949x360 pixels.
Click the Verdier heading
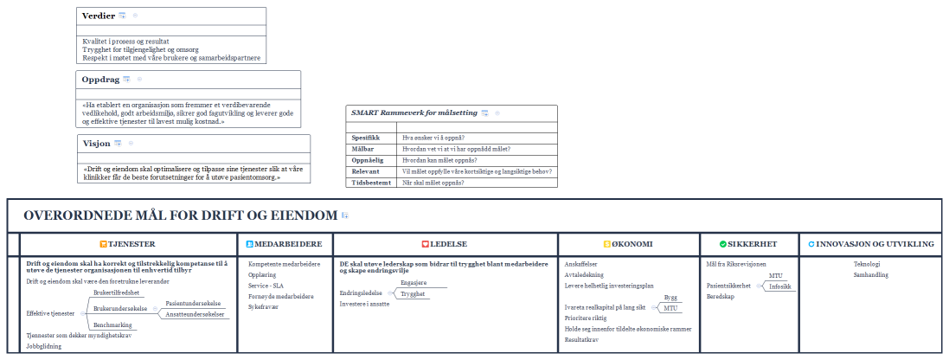pyautogui.click(x=98, y=16)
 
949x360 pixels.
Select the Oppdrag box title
pyautogui.click(x=99, y=79)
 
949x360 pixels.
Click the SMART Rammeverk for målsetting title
pyautogui.click(x=414, y=112)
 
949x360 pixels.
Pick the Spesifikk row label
pyautogui.click(x=365, y=138)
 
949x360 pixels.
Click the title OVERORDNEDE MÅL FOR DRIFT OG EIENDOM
pyautogui.click(x=180, y=215)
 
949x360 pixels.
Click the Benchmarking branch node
pyautogui.click(x=112, y=325)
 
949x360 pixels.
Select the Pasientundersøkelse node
pyautogui.click(x=196, y=304)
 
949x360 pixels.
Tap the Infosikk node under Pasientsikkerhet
pyautogui.click(x=780, y=286)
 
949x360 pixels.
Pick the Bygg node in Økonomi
pyautogui.click(x=670, y=297)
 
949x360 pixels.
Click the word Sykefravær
pyautogui.click(x=265, y=306)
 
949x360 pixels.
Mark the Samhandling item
pyautogui.click(x=870, y=274)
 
